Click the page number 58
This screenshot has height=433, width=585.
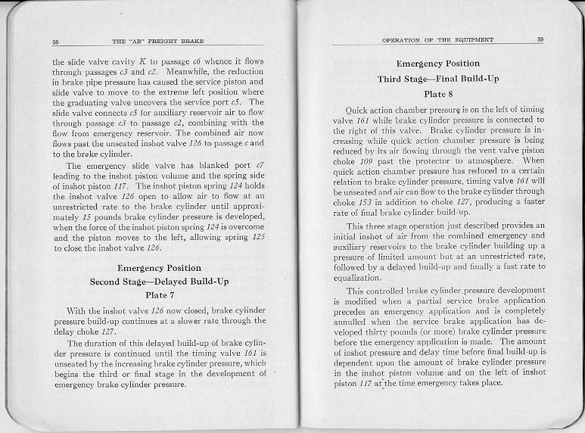(x=56, y=40)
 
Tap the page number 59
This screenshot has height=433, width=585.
(x=540, y=39)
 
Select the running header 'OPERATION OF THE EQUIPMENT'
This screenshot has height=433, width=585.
(x=437, y=39)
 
